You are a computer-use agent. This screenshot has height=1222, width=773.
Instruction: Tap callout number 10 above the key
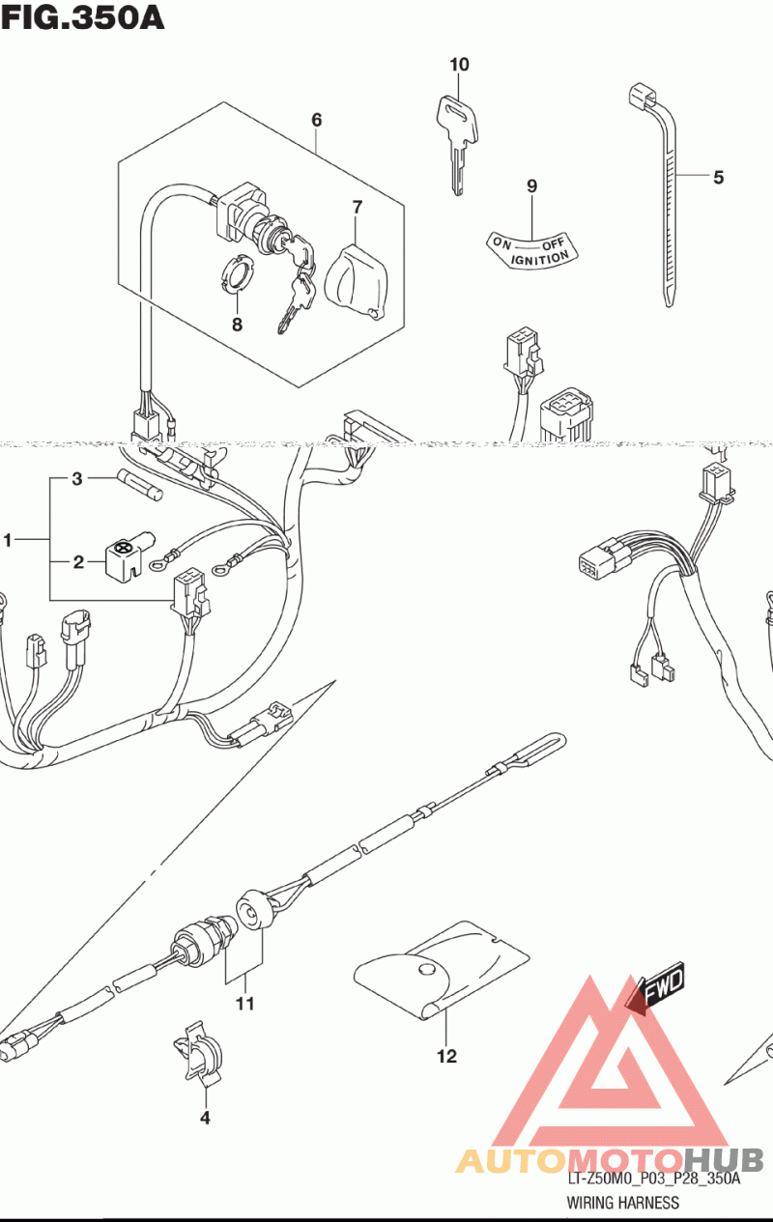tap(459, 65)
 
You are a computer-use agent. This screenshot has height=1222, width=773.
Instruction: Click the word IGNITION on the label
tap(539, 259)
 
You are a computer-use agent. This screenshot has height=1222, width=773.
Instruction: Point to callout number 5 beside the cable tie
tap(718, 177)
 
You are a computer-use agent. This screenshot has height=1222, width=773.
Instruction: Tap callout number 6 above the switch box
tap(316, 120)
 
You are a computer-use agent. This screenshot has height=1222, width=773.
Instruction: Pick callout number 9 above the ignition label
tap(530, 186)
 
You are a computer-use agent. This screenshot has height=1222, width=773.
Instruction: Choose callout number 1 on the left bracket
tap(9, 541)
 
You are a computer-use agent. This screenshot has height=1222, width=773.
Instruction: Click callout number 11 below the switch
tap(244, 1004)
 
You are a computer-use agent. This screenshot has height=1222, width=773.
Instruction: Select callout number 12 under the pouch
tap(445, 1056)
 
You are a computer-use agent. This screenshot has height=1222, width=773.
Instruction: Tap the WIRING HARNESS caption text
tap(623, 1203)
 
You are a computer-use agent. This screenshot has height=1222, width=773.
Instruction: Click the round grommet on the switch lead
tap(251, 913)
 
